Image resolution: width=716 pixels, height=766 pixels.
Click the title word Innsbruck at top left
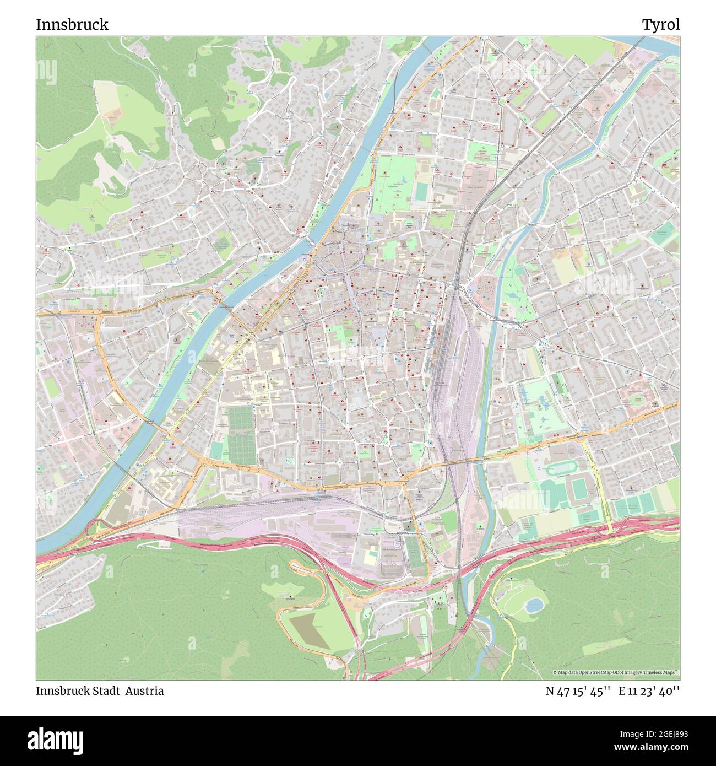pos(72,25)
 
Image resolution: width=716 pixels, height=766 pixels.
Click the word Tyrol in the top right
pos(660,25)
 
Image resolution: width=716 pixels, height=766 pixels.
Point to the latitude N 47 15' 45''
pos(577,691)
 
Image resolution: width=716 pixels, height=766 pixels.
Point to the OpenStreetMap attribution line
pos(615,672)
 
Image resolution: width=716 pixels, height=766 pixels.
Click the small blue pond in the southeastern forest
pos(533,606)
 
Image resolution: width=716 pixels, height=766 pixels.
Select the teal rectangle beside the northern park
pos(421,192)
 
